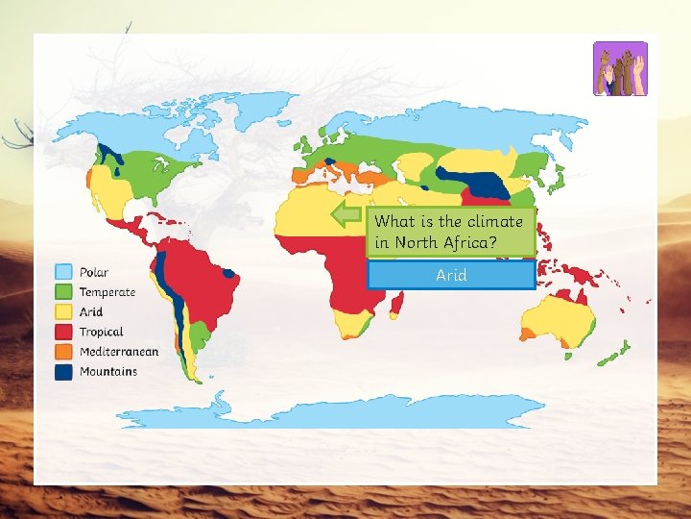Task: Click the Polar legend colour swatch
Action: [64, 273]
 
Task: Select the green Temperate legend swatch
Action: [64, 292]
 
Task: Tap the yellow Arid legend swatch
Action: [64, 311]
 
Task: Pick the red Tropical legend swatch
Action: [64, 332]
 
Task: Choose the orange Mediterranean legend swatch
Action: [64, 352]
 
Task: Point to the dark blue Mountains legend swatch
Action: [64, 371]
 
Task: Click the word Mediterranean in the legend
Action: [119, 352]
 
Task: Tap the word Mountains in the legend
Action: [108, 371]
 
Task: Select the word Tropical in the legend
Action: [102, 332]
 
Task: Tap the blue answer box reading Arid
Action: [451, 275]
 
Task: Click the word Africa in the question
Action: [469, 243]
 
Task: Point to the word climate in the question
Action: [489, 222]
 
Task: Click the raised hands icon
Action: [620, 69]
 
